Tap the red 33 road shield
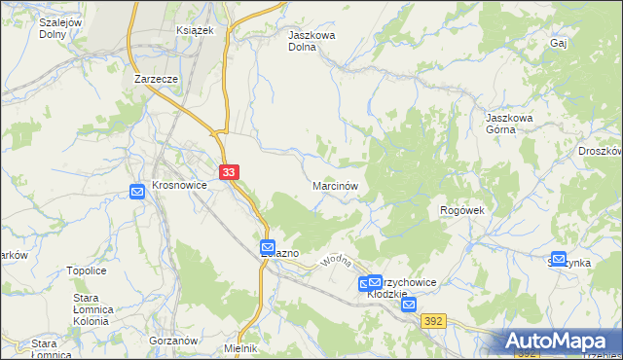229,172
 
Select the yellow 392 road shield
434,319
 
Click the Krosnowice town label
180,184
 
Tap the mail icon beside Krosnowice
137,192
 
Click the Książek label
194,30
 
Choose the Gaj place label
558,44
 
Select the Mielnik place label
240,348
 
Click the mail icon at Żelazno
269,247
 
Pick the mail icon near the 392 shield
409,305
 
